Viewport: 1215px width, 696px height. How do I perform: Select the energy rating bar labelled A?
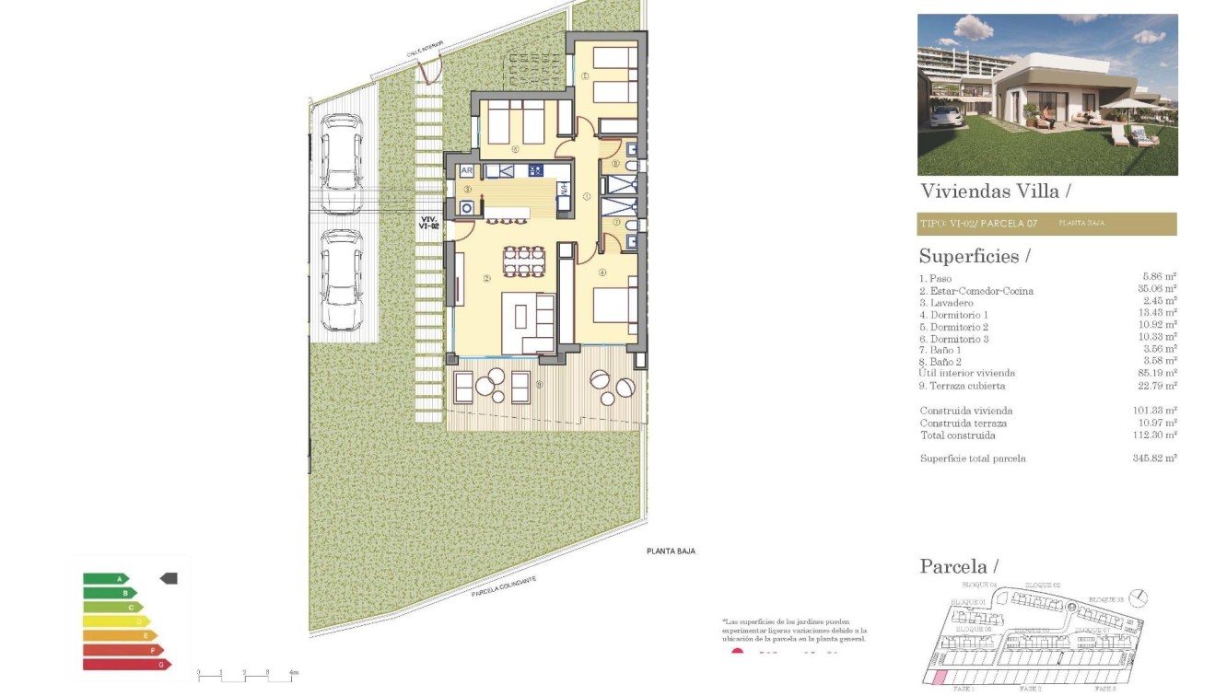click(106, 579)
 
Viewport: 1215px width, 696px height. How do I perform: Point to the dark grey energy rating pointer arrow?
click(169, 578)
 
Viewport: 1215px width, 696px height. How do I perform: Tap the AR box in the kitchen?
click(467, 171)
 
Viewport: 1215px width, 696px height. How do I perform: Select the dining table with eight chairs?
click(523, 261)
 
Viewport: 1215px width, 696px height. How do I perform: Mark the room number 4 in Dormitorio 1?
click(602, 273)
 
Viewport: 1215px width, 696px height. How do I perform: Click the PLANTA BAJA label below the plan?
click(670, 551)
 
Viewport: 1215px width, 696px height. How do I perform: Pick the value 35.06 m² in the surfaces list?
click(1158, 288)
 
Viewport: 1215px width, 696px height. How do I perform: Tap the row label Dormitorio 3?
click(953, 339)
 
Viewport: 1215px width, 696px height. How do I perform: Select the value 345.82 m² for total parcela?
click(1156, 458)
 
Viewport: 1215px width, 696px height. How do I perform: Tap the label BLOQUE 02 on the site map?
click(1044, 585)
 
